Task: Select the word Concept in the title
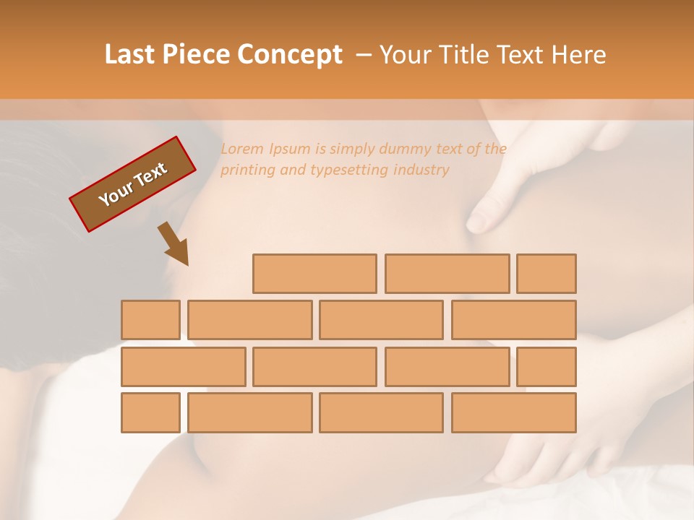(291, 55)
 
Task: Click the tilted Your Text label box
(133, 184)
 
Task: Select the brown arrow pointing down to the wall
(173, 244)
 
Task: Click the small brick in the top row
(547, 274)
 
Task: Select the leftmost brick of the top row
(314, 274)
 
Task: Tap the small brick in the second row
(150, 320)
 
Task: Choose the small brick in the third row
(547, 367)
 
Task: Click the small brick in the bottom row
(150, 413)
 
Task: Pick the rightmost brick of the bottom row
(514, 413)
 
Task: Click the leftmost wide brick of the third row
(183, 367)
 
